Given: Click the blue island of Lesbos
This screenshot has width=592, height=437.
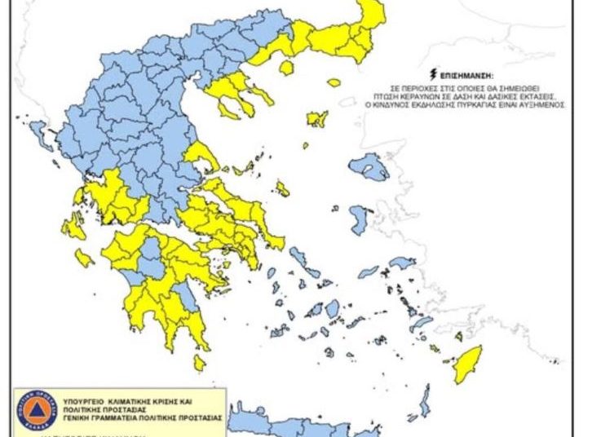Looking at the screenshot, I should click(x=369, y=166).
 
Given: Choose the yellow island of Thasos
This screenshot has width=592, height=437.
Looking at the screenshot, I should click(x=286, y=67).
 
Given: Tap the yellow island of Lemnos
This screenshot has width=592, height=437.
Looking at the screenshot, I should click(x=317, y=119).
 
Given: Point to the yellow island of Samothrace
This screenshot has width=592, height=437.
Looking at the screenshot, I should click(x=334, y=82).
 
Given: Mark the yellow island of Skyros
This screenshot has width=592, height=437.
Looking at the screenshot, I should click(x=282, y=189).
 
